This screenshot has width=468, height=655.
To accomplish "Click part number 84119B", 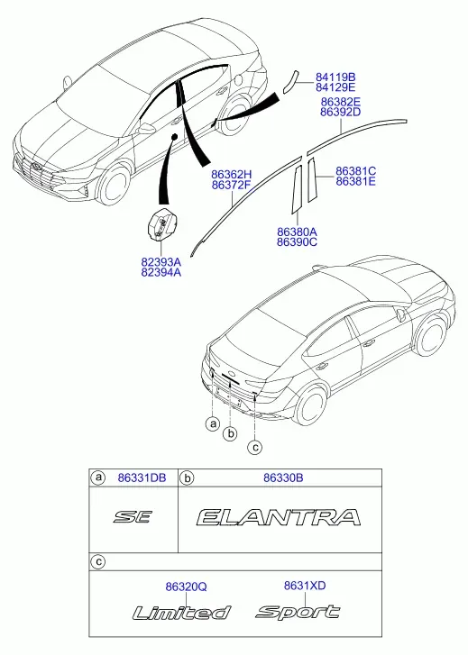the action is click(x=335, y=77).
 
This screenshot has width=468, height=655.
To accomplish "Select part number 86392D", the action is click(x=340, y=113).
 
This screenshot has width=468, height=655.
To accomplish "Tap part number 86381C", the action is click(x=355, y=171).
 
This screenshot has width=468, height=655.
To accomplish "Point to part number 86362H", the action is click(x=231, y=175).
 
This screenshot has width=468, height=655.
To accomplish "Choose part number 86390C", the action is click(x=297, y=242).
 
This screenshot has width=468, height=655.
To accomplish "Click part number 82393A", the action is click(x=161, y=262).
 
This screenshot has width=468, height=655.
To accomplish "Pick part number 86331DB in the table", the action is click(x=142, y=478).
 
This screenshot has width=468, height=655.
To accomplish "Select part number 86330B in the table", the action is click(x=283, y=478).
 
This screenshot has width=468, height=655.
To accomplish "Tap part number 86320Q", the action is click(x=186, y=587).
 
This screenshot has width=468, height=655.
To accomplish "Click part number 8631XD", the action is click(x=305, y=586).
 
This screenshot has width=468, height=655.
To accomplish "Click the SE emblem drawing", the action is click(x=133, y=517).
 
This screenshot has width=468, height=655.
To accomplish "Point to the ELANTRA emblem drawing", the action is click(x=279, y=517).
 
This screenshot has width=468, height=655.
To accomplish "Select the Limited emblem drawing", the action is click(x=181, y=613).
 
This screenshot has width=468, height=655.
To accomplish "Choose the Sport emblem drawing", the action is click(x=298, y=612).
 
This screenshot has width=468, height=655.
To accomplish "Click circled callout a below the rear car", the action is click(x=213, y=424).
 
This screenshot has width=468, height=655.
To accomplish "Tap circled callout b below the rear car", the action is click(x=230, y=434).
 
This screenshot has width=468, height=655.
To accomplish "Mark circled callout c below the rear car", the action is click(x=254, y=448).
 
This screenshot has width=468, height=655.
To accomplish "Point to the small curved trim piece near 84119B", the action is click(x=289, y=81).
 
